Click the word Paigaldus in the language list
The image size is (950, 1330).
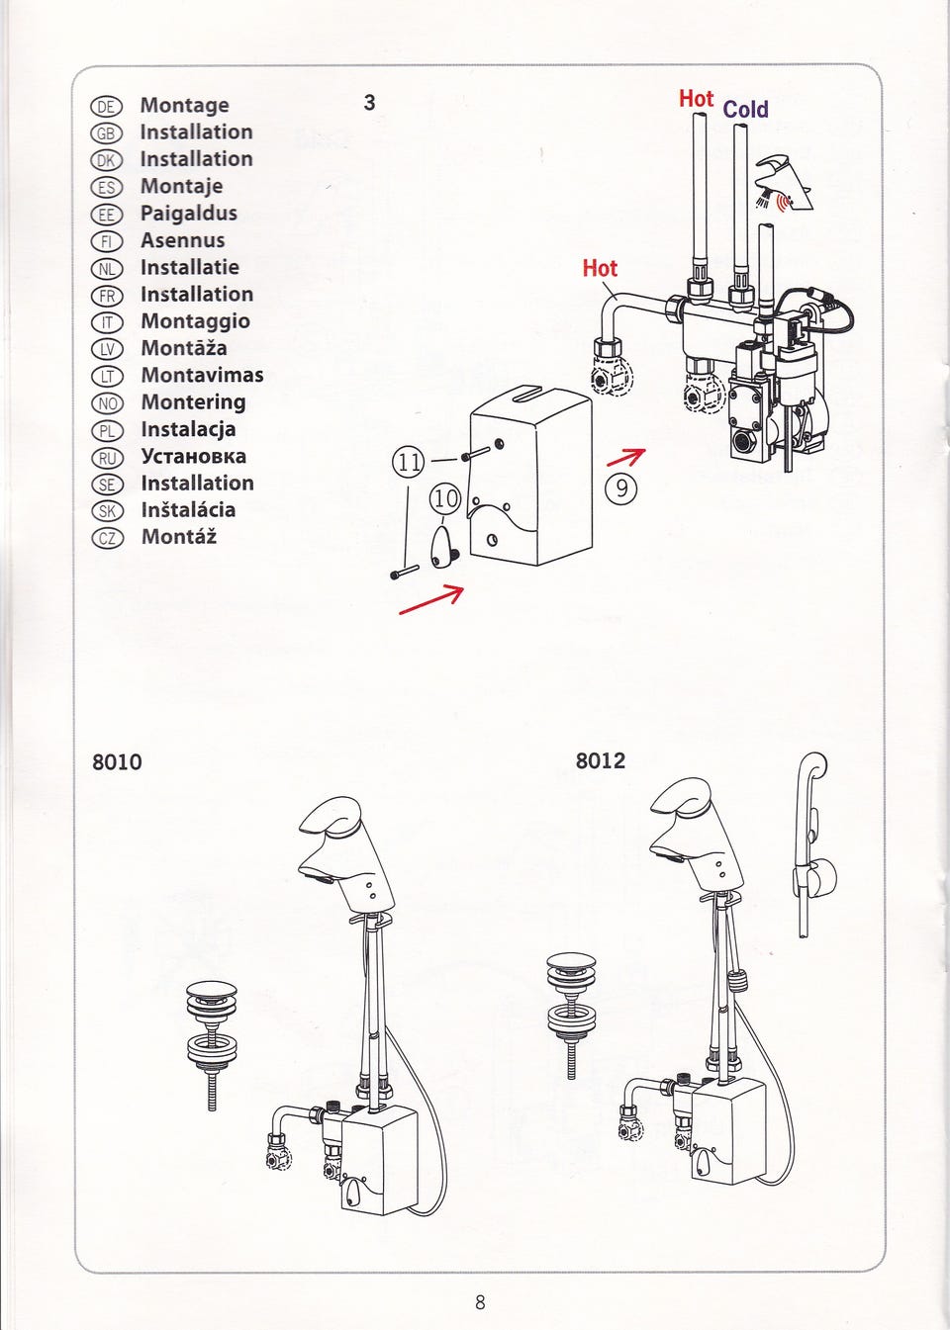tap(188, 214)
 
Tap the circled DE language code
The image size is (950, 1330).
tap(106, 107)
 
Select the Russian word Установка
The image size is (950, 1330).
tap(193, 457)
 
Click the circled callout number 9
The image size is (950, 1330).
tap(620, 488)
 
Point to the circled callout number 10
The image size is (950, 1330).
tap(445, 499)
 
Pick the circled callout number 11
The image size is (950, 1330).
tap(409, 462)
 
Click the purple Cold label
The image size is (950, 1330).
tap(745, 110)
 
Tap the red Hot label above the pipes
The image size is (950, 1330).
tap(696, 99)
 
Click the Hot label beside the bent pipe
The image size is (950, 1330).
tap(600, 269)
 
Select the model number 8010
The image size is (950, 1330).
tap(117, 762)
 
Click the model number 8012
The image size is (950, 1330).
tap(601, 761)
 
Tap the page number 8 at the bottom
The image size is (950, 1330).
tap(480, 1302)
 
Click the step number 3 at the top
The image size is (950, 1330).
tap(369, 103)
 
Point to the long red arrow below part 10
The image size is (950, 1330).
tap(431, 599)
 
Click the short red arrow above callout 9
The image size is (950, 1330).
tap(625, 457)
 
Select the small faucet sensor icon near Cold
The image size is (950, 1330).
tap(783, 183)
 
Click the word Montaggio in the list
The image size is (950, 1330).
tap(195, 321)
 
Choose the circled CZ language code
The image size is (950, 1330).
tap(107, 539)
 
